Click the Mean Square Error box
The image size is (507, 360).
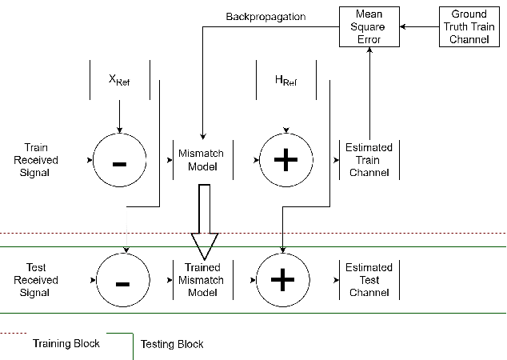point(369,26)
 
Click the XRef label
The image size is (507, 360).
point(120,82)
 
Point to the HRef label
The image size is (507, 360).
point(285,82)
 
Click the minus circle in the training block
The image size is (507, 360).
point(120,160)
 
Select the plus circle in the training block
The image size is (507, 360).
point(285,160)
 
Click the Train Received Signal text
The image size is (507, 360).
point(36,160)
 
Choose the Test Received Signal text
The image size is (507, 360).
point(36,280)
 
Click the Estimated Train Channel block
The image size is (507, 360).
point(369,160)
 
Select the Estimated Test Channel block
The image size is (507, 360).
point(369,280)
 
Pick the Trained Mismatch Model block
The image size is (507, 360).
point(203,280)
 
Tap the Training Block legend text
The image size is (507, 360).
point(66,343)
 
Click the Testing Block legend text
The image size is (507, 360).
point(172,344)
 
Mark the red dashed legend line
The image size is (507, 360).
point(13,333)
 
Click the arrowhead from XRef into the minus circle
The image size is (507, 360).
point(120,130)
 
